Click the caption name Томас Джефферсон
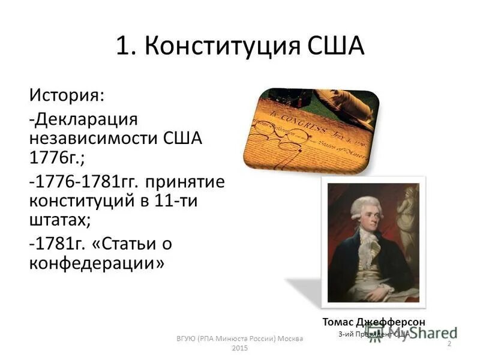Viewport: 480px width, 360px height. (373, 322)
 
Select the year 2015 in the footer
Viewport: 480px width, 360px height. (239, 348)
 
